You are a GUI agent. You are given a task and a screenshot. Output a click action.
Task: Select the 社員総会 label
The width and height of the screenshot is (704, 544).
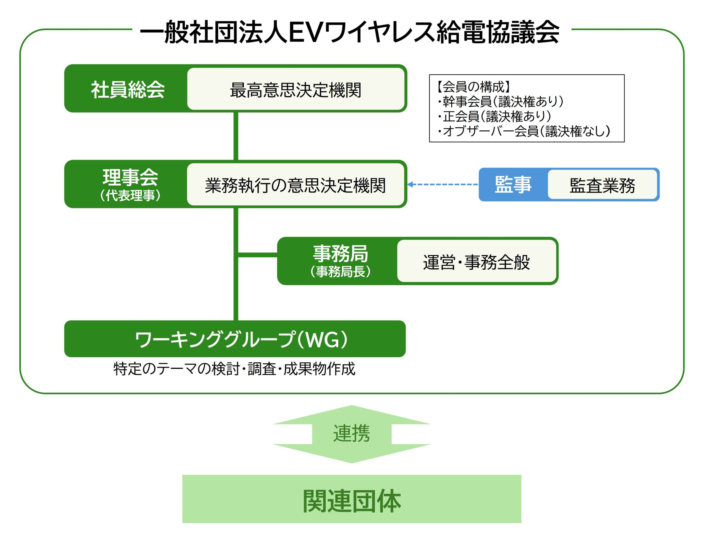tap(128, 89)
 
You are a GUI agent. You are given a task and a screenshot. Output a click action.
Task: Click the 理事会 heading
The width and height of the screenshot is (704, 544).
tap(130, 177)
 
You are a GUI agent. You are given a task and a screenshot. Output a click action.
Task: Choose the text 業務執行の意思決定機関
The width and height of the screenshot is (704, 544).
tap(295, 185)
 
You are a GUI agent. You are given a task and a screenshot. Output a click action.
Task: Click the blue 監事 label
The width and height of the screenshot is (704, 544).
tap(513, 185)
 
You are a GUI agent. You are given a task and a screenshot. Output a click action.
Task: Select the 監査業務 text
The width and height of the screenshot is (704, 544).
tap(602, 185)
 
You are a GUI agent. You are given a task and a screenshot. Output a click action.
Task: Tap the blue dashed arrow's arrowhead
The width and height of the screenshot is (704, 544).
tap(410, 184)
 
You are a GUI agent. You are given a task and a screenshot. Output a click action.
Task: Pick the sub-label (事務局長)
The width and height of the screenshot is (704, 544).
tap(340, 272)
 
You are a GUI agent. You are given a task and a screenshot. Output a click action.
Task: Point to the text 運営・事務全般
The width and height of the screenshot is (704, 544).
tap(476, 262)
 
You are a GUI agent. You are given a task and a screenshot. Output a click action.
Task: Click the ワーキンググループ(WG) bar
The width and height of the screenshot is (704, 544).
tap(235, 339)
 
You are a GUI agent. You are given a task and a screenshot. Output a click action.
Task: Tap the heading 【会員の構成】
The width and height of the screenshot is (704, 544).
tap(473, 87)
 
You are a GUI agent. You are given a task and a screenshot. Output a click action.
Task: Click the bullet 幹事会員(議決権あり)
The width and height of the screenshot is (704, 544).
tap(502, 101)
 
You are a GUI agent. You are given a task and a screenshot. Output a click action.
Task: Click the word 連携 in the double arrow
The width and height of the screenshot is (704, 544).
tap(351, 433)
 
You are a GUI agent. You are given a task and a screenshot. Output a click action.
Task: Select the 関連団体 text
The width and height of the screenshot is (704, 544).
tap(352, 501)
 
